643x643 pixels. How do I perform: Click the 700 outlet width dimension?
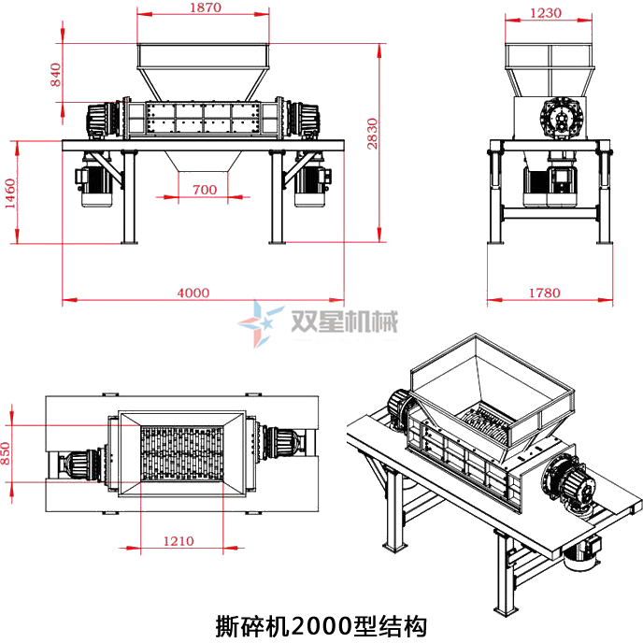(x=204, y=190)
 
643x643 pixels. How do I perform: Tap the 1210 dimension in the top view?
(x=179, y=540)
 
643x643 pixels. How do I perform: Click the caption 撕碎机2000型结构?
(x=321, y=623)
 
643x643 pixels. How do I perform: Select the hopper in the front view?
(x=204, y=69)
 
